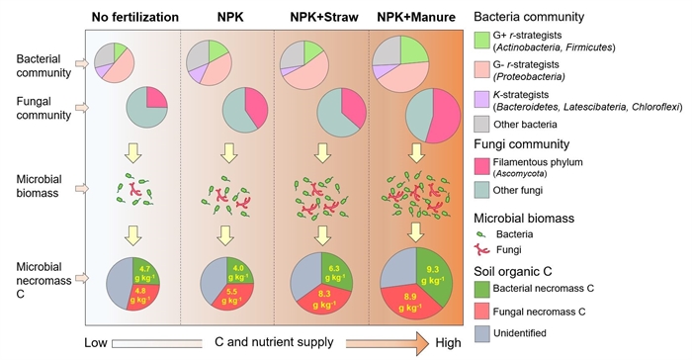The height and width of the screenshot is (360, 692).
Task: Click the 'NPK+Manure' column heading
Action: click(x=416, y=17)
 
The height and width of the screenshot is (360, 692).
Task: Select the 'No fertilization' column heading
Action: click(x=135, y=17)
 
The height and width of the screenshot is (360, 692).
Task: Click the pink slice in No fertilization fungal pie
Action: click(x=156, y=98)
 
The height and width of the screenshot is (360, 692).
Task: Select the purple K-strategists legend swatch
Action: click(x=481, y=100)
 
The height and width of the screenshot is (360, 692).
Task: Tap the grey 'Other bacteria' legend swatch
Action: click(x=481, y=125)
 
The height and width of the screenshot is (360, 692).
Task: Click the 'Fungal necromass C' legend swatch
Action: click(x=481, y=312)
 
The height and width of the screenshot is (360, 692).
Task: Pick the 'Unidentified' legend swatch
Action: click(x=481, y=333)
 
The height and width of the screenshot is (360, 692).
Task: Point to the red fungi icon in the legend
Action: click(x=482, y=250)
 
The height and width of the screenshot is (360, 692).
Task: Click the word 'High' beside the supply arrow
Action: click(x=448, y=343)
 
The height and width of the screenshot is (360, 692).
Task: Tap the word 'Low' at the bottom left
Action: click(x=96, y=343)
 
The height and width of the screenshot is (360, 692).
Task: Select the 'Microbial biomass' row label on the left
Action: click(x=39, y=186)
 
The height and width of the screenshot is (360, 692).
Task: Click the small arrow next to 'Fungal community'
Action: click(x=82, y=108)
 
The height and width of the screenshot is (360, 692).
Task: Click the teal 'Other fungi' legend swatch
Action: click(x=481, y=190)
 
